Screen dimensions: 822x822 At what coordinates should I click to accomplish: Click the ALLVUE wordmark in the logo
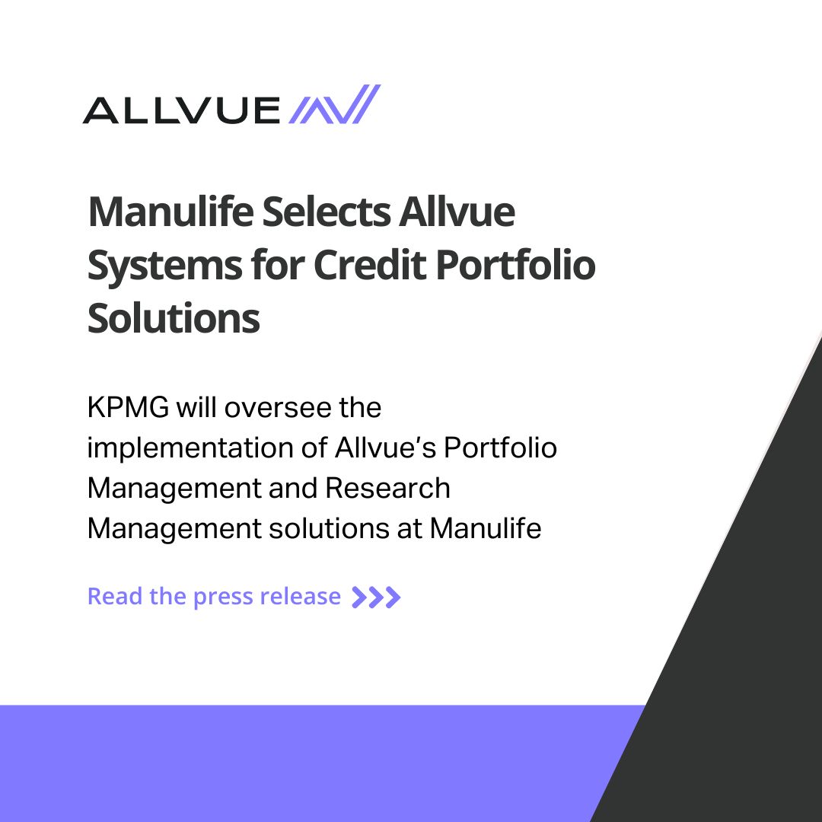(181, 110)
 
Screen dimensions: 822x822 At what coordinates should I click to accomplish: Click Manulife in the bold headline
(169, 212)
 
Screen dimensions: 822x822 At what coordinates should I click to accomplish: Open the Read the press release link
(214, 596)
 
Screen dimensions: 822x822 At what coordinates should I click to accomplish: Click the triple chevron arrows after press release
(376, 597)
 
